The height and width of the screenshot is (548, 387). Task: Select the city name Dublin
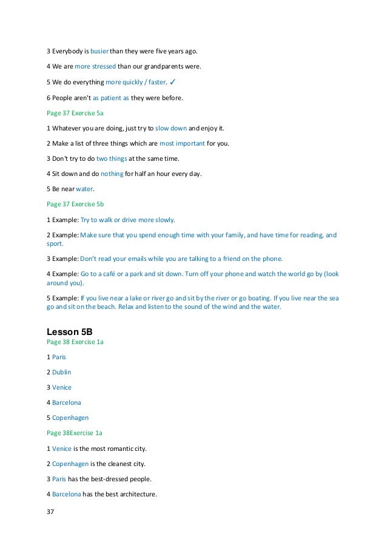click(x=61, y=371)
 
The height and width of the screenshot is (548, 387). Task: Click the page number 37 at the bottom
click(x=50, y=512)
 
